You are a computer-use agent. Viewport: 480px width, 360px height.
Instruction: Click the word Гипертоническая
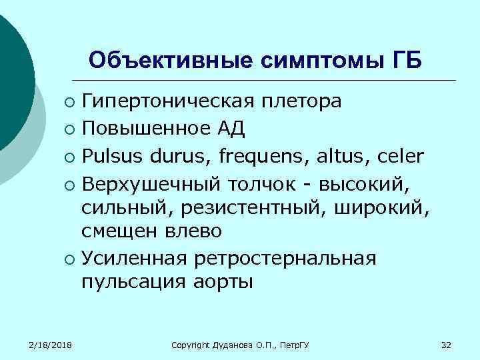tap(169, 101)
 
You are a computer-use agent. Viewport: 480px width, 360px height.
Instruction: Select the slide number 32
tap(447, 345)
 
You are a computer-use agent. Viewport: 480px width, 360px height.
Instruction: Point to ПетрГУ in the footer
tap(301, 345)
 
